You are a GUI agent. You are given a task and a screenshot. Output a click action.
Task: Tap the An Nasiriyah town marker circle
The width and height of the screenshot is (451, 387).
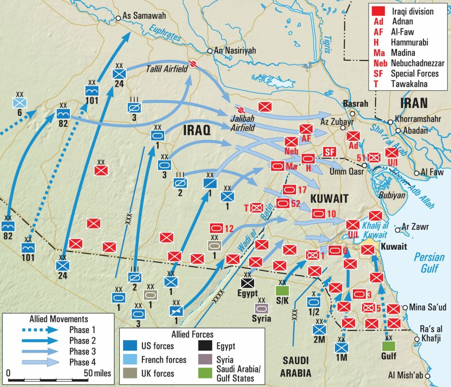pyautogui.click(x=210, y=51)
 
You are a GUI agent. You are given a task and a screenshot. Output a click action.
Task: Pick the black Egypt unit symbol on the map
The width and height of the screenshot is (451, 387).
pyautogui.click(x=248, y=283)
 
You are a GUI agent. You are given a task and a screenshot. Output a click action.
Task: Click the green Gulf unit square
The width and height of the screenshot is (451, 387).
pyautogui.click(x=389, y=346)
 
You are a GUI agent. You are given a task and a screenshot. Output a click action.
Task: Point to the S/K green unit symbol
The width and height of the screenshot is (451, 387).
pyautogui.click(x=282, y=291)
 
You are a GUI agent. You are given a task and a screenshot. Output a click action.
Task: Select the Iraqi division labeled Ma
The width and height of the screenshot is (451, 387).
pyautogui.click(x=278, y=166)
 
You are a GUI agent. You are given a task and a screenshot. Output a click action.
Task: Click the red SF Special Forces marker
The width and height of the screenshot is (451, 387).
pyautogui.click(x=328, y=152)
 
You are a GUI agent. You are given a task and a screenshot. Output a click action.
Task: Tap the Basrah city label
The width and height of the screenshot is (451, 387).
pyautogui.click(x=355, y=104)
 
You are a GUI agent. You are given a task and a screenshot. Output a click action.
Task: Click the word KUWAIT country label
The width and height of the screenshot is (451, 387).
pyautogui.click(x=329, y=199)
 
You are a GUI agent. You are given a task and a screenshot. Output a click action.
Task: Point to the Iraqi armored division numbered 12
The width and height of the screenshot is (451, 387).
pyautogui.click(x=216, y=228)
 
